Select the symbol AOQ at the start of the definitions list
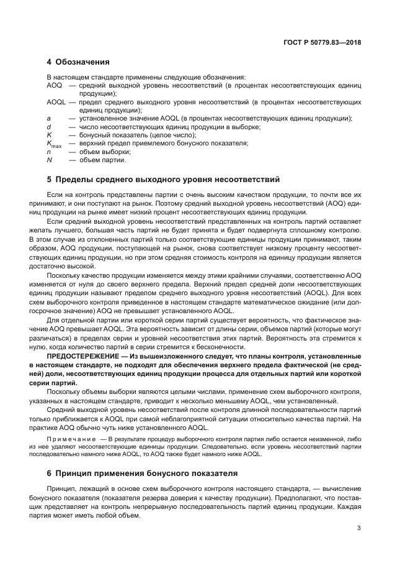pyautogui.click(x=54, y=85)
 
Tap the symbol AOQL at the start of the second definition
pyautogui.click(x=56, y=101)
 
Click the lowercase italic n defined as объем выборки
pyautogui.click(x=48, y=152)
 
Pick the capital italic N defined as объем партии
pyautogui.click(x=49, y=160)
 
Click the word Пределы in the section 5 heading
pyautogui.click(x=76, y=180)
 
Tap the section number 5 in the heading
pyautogui.click(x=49, y=180)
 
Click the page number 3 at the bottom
pyautogui.click(x=359, y=529)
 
